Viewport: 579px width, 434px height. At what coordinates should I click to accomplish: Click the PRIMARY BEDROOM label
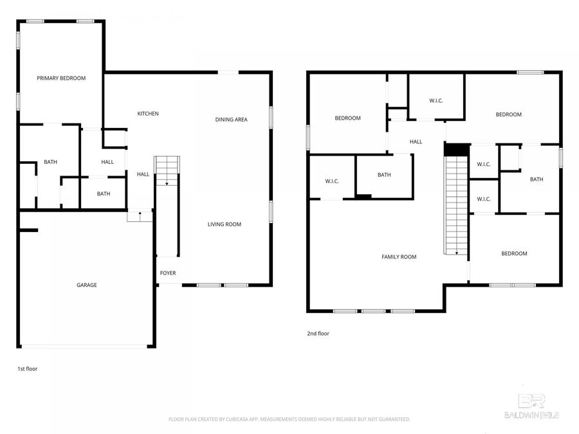click(61, 78)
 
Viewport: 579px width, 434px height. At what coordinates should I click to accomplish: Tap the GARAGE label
click(87, 285)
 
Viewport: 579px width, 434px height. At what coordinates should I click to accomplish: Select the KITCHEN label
click(148, 114)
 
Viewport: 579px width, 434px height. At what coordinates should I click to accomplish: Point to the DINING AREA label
click(231, 120)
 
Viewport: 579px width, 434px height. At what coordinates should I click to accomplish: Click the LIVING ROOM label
click(224, 224)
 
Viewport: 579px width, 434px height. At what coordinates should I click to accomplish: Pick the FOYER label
click(168, 273)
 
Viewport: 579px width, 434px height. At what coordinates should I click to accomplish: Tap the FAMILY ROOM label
click(399, 257)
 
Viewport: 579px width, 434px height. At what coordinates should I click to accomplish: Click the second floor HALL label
click(416, 141)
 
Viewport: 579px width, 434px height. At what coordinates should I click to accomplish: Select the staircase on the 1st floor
click(167, 171)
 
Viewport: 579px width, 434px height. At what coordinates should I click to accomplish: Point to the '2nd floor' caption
click(318, 334)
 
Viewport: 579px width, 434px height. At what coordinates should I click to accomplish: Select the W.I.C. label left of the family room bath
click(332, 181)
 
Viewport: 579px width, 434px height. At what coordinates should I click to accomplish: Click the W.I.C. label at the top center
click(436, 101)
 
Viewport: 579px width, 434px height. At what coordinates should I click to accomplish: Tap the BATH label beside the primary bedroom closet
click(50, 162)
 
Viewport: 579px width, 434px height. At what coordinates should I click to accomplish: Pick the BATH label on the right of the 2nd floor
click(537, 179)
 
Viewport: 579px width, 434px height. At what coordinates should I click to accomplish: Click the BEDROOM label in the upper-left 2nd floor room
click(347, 118)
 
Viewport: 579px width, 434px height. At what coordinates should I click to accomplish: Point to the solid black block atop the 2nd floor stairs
click(455, 149)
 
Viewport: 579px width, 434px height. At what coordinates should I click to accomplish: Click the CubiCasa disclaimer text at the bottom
click(289, 419)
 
